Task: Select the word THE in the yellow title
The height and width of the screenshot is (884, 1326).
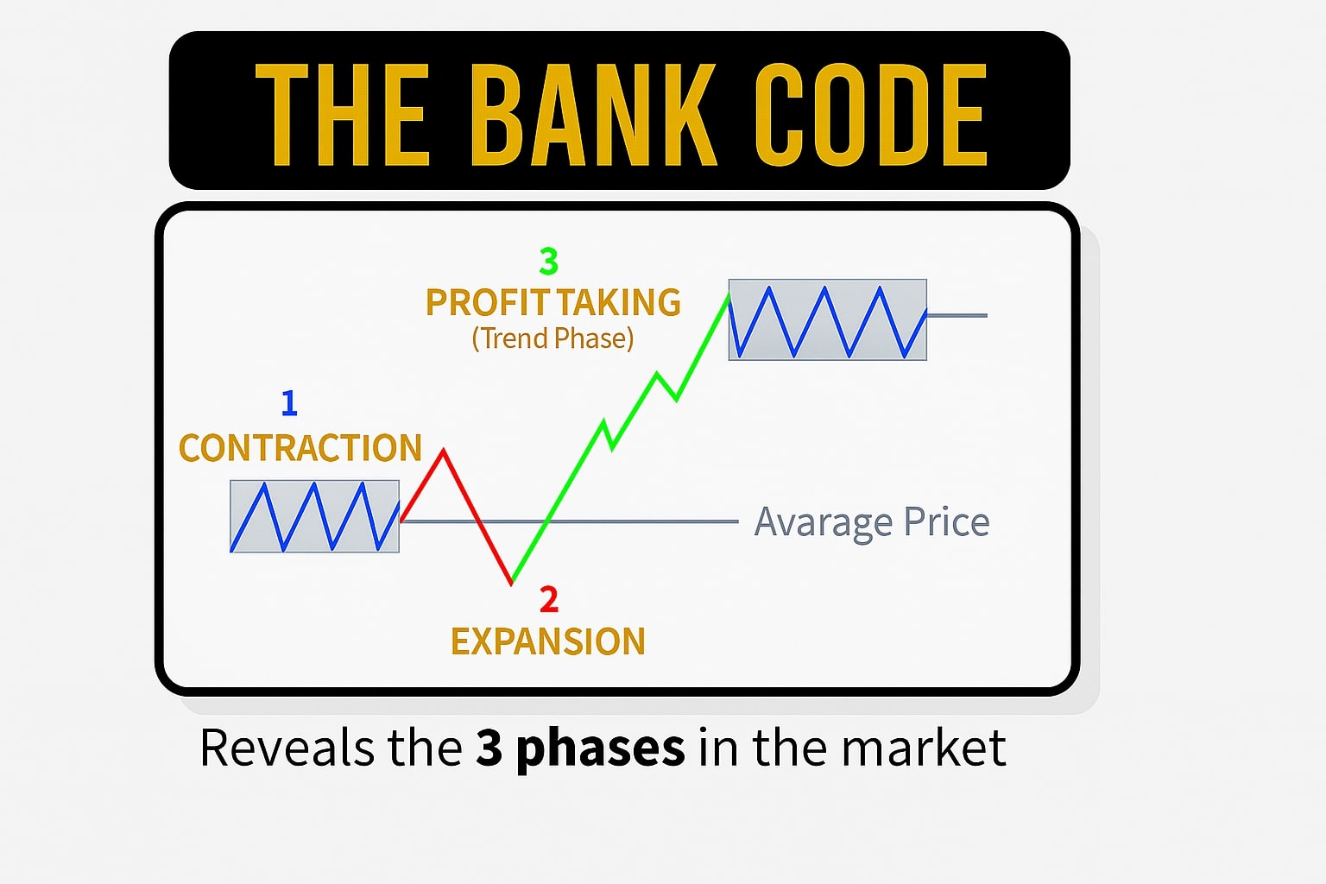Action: pos(342,114)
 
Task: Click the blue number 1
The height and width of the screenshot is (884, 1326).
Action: pos(289,402)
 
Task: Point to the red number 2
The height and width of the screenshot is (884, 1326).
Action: pos(549,599)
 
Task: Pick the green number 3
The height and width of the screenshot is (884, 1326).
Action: pos(549,261)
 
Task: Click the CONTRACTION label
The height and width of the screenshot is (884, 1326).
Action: pos(300,448)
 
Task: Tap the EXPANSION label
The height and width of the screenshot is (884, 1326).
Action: pos(548,641)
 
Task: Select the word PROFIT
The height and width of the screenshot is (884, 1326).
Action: pos(488,302)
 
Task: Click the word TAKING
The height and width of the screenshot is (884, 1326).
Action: pos(619,302)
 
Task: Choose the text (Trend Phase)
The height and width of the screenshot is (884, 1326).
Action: pos(552,338)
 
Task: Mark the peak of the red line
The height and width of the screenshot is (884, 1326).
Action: pos(443,451)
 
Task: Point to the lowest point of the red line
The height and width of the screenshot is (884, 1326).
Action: pos(511,584)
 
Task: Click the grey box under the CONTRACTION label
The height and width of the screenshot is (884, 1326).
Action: pos(314,516)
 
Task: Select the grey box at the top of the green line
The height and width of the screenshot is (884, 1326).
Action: pos(828,319)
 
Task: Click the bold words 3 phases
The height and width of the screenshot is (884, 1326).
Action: pos(581,749)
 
